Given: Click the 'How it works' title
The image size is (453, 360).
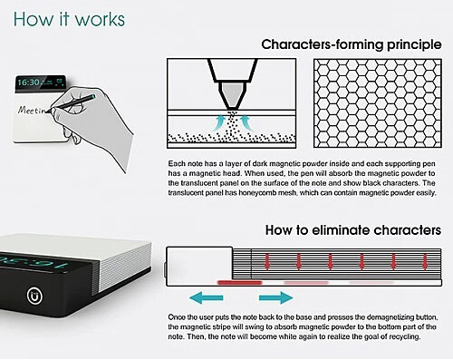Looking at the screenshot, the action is point(69,20).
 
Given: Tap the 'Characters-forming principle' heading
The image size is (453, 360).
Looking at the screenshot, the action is point(352,44).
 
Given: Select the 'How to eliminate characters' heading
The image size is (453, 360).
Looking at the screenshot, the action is point(353,230).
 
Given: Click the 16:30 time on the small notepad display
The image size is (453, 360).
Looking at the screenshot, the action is point(28,83).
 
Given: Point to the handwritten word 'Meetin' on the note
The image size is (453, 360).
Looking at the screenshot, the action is point(32,110).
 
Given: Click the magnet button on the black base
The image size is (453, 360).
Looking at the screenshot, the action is point(34,296).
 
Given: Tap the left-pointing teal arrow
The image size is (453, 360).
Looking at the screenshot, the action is point(206,297).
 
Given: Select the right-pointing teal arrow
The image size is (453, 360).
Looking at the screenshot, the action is point(275,297).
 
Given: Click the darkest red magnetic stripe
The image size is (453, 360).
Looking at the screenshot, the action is point(239,283).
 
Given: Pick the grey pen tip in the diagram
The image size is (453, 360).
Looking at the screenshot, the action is point(232,95).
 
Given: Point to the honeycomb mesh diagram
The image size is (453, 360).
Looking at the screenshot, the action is point(378,103).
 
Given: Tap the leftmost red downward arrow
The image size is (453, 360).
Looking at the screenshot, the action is point(267,262).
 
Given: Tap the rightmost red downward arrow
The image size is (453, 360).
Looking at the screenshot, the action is point(425,262).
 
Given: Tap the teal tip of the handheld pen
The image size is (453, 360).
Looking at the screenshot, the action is point(93,96).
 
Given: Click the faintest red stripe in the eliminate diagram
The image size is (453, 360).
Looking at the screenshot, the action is point(371,283).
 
